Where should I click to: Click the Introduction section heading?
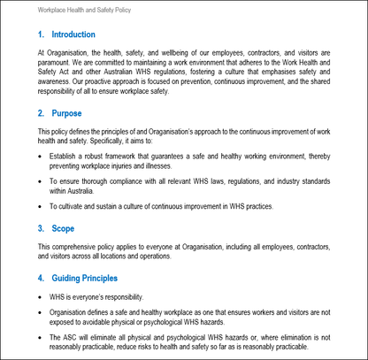[x=73, y=34]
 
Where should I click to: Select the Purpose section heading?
[x=66, y=113]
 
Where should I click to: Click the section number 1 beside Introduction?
[x=41, y=34]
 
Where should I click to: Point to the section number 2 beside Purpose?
[x=41, y=113]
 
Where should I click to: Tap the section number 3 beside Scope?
[x=41, y=228]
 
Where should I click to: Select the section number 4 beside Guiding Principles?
[x=41, y=279]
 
